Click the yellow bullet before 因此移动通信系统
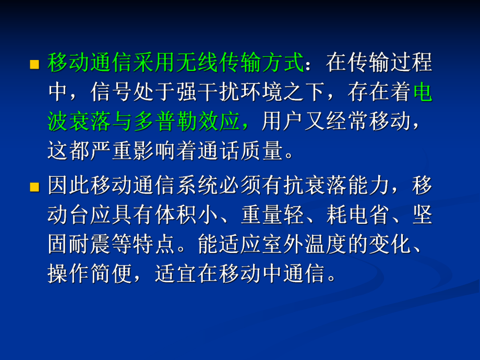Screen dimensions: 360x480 click(x=34, y=187)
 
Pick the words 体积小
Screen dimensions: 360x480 click(x=187, y=216)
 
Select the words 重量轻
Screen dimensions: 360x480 click(x=272, y=216)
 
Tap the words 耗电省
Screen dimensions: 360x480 click(x=358, y=216)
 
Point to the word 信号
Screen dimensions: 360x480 click(x=112, y=93)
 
